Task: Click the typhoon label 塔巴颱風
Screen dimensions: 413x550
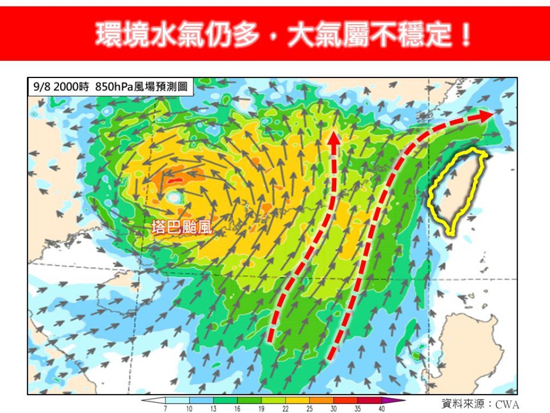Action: pyautogui.click(x=182, y=227)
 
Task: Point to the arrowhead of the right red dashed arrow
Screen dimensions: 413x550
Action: pyautogui.click(x=486, y=115)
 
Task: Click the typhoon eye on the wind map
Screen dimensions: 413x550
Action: pyautogui.click(x=173, y=197)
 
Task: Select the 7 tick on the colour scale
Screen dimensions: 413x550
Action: pyautogui.click(x=165, y=409)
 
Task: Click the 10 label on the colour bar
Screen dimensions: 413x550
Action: pyautogui.click(x=189, y=409)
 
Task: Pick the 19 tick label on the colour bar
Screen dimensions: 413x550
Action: pyautogui.click(x=262, y=409)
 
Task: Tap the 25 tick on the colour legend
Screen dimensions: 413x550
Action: pyautogui.click(x=310, y=409)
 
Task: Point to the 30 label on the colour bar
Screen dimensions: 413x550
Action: pyautogui.click(x=334, y=409)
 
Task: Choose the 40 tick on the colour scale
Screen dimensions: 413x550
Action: pyautogui.click(x=382, y=409)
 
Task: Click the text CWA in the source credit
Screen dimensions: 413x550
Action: pyautogui.click(x=507, y=404)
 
